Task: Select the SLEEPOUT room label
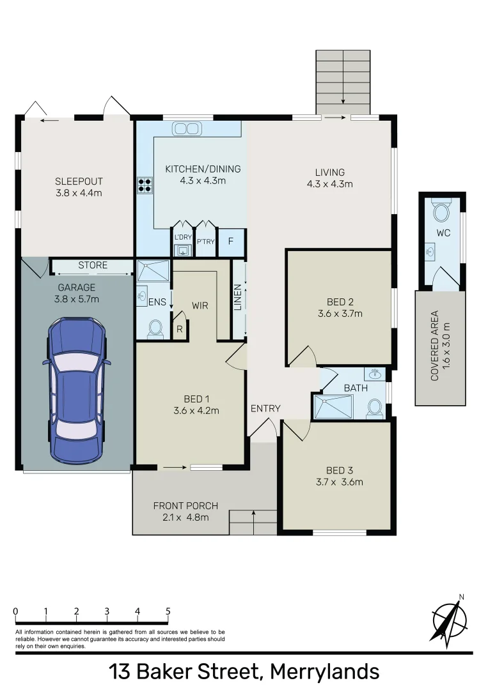(79, 181)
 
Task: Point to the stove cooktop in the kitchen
(145, 185)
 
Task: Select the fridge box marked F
(231, 242)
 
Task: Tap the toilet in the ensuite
(154, 328)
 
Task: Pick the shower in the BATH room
(333, 406)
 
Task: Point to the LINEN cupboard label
(238, 298)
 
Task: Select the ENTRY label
(265, 409)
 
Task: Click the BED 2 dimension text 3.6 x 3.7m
(340, 314)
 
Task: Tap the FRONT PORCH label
(181, 506)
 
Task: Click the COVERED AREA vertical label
(434, 346)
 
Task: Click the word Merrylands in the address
(324, 671)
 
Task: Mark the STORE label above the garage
(93, 264)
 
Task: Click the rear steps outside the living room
(343, 80)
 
